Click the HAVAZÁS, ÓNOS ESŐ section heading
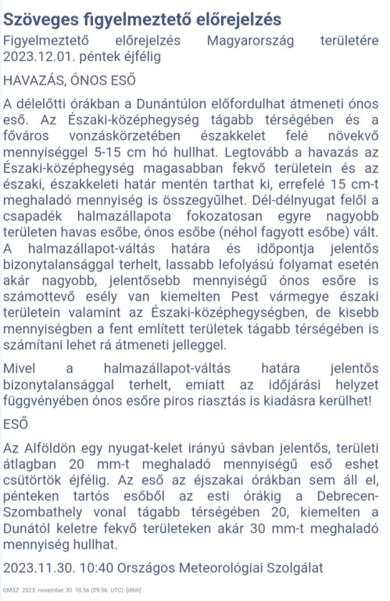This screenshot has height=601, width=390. point(70,80)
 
